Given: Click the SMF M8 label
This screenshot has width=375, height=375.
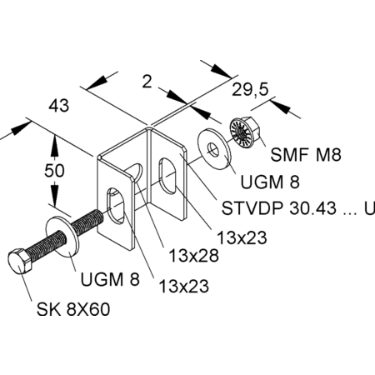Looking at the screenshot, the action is (306, 154).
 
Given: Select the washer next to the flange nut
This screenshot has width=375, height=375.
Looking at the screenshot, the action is (214, 149).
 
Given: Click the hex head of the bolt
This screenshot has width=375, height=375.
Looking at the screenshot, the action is (19, 262).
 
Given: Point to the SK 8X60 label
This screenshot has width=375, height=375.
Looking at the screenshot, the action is (73, 309).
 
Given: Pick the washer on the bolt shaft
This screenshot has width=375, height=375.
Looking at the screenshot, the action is (62, 236).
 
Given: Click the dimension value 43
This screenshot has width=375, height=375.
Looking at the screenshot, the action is (58, 106).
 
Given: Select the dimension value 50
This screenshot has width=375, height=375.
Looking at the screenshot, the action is (54, 170).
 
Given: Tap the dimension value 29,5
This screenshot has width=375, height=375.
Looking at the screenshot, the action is (250, 90).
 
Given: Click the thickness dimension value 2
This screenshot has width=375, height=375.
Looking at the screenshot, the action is (147, 82).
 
